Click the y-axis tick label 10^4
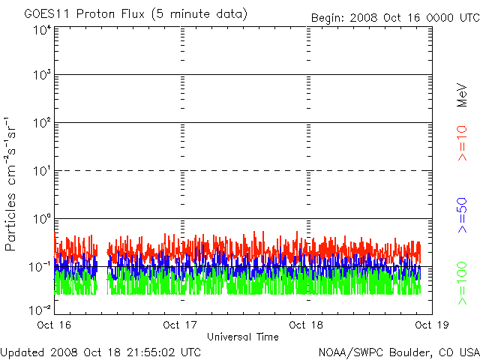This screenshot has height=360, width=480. tap(42, 29)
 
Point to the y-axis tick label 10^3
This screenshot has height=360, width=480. tap(42, 75)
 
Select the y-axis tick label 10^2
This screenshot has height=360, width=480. tap(42, 123)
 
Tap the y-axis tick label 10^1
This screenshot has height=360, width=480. tap(42, 171)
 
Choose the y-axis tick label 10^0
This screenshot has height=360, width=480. tap(42, 219)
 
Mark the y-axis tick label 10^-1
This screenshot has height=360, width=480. tap(40, 266)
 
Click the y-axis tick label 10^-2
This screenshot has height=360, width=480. tap(40, 308)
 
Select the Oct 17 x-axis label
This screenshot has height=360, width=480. tap(179, 325)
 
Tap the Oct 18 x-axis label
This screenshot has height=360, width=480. tap(305, 325)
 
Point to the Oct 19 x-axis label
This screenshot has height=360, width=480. tap(430, 325)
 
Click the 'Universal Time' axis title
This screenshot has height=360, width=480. tap(242, 337)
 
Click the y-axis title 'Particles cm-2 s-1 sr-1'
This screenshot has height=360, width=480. tap(13, 184)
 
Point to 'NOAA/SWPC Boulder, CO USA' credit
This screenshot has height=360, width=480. tap(399, 352)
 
